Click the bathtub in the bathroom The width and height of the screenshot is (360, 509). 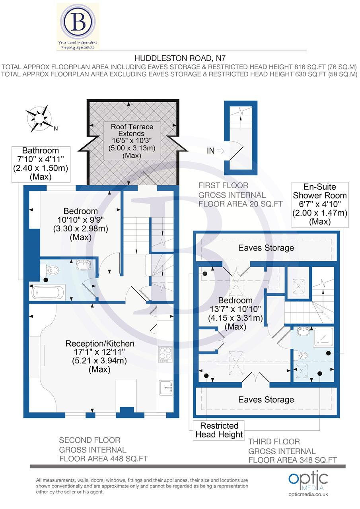click(x=47, y=293)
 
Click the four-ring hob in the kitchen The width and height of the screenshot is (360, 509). click(x=165, y=354)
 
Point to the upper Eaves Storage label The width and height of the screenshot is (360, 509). click(x=266, y=248)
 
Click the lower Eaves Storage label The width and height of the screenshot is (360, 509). click(x=266, y=400)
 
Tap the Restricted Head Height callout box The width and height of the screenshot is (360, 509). click(x=219, y=430)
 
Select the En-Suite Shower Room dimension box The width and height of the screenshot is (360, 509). click(x=320, y=204)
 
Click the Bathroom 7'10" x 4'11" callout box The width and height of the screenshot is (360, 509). click(x=40, y=163)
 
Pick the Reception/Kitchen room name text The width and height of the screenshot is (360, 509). click(x=99, y=343)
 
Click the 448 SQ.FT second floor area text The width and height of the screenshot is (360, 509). click(x=103, y=458)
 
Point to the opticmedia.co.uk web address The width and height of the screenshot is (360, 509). click(x=308, y=494)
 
